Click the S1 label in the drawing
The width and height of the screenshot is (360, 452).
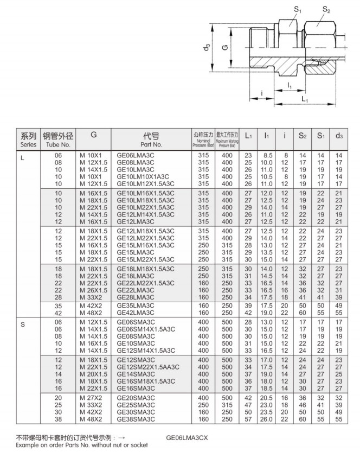click(x=298, y=9)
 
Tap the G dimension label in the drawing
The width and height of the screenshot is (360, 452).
click(x=224, y=48)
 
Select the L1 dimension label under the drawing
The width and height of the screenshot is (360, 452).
click(x=304, y=100)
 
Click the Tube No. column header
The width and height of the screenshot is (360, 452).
click(x=57, y=140)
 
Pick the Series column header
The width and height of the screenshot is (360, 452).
click(x=28, y=140)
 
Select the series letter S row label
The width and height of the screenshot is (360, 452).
click(x=23, y=324)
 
